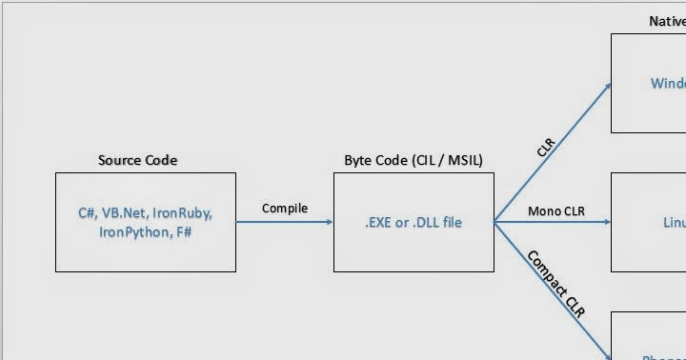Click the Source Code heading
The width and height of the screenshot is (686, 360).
(137, 160)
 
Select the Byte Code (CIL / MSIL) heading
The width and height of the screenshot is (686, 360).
(413, 160)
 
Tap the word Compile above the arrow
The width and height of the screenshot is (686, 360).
(285, 208)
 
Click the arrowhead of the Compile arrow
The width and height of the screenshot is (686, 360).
(329, 222)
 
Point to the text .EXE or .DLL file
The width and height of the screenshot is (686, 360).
(413, 222)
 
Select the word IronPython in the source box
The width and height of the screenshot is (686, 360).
(133, 231)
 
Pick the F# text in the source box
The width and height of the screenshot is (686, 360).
(184, 231)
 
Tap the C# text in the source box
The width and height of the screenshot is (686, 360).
(88, 212)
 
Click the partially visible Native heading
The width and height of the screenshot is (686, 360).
(666, 20)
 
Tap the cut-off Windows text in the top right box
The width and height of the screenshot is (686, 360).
(668, 83)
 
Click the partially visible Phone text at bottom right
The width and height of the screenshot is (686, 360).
(663, 357)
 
